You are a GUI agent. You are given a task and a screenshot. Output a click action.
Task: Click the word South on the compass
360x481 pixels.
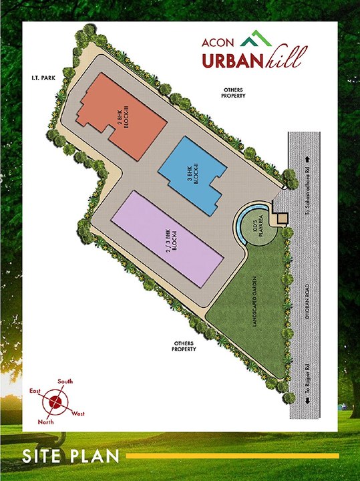(65, 381)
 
